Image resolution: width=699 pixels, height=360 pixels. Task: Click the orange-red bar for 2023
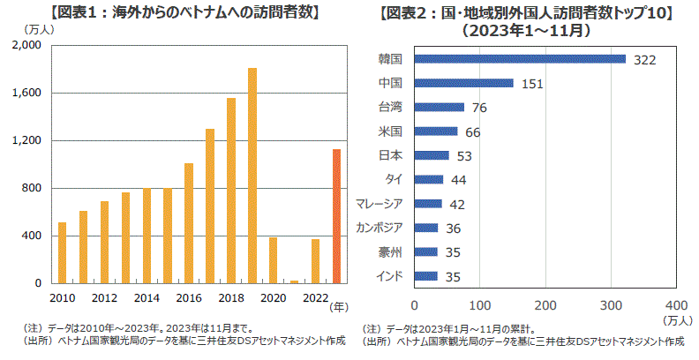336,216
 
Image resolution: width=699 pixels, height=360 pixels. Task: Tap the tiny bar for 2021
294,281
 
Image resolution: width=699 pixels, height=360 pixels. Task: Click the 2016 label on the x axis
189,297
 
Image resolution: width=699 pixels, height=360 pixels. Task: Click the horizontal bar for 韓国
519,59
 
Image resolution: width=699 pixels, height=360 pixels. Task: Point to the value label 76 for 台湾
480,109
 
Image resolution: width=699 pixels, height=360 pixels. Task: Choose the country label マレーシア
380,204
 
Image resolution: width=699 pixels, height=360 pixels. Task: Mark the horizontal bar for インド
425,276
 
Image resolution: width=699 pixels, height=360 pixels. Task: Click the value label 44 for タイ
458,180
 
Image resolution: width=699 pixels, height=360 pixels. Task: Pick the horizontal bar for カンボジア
425,228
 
